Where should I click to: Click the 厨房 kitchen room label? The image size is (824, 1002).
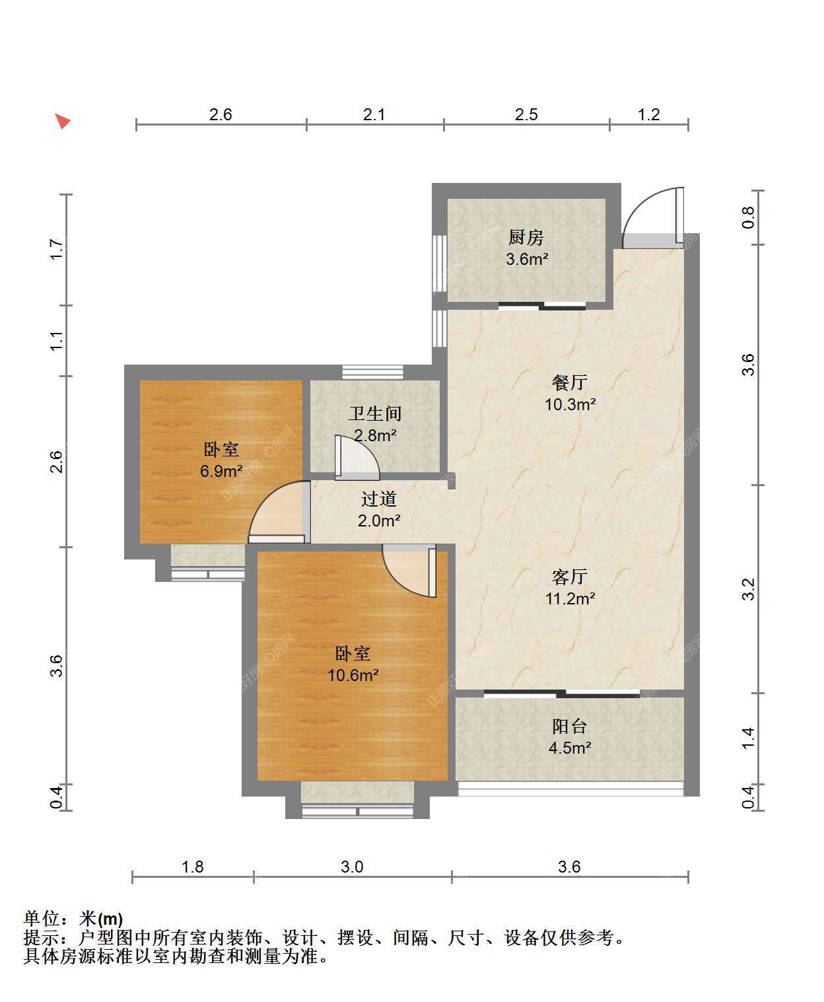pyautogui.click(x=526, y=237)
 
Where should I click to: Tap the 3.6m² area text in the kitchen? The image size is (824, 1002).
pyautogui.click(x=527, y=259)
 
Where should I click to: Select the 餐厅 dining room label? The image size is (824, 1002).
pyautogui.click(x=569, y=382)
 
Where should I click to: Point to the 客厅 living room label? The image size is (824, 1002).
pyautogui.click(x=569, y=577)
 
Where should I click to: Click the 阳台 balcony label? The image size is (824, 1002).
pyautogui.click(x=569, y=727)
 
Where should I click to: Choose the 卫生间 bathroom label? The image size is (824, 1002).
pyautogui.click(x=375, y=413)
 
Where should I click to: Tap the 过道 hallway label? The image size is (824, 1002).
pyautogui.click(x=378, y=499)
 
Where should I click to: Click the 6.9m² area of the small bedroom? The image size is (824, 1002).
pyautogui.click(x=221, y=471)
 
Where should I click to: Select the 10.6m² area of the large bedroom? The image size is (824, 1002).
pyautogui.click(x=353, y=675)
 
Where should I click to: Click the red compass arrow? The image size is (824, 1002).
pyautogui.click(x=62, y=121)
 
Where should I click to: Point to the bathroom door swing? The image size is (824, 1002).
pyautogui.click(x=356, y=457)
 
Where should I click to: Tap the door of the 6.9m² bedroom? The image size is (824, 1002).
pyautogui.click(x=278, y=512)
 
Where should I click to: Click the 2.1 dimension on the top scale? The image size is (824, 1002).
pyautogui.click(x=374, y=114)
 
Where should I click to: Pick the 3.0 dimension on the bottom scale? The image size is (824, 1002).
pyautogui.click(x=352, y=867)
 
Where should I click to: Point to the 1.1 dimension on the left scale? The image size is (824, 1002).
pyautogui.click(x=56, y=341)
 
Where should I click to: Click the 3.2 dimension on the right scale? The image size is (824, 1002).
pyautogui.click(x=748, y=589)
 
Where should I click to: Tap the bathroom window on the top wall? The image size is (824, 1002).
pyautogui.click(x=373, y=372)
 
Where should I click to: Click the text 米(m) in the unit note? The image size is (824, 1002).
pyautogui.click(x=100, y=919)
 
